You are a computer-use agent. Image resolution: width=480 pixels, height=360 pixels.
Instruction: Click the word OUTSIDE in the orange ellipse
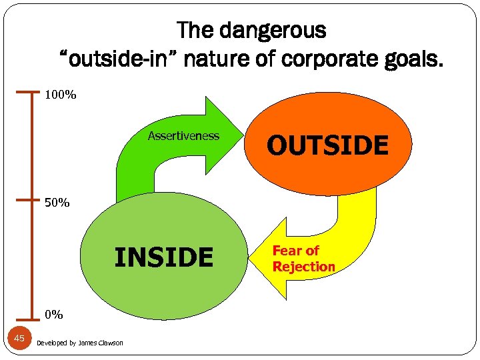coord(327,145)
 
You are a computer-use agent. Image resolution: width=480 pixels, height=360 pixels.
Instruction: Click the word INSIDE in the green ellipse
coord(164,257)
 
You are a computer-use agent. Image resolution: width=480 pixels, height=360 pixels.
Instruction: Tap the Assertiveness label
coord(183,136)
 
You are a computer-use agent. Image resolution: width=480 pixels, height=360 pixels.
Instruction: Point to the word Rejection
coord(304,267)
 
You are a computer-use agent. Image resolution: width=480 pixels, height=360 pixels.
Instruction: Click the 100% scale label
coord(60,95)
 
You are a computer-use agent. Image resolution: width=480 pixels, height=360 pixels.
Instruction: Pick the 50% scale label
coord(57,202)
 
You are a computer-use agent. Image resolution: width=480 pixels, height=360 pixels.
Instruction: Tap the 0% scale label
coord(53,314)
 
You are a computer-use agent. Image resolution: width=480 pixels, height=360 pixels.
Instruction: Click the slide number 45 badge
coord(19,339)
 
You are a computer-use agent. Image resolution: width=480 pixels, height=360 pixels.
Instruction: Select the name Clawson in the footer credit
coord(109,343)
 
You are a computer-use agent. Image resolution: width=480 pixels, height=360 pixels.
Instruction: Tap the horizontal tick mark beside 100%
coord(27,91)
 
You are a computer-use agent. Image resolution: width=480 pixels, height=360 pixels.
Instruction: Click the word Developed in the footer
coord(50,343)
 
